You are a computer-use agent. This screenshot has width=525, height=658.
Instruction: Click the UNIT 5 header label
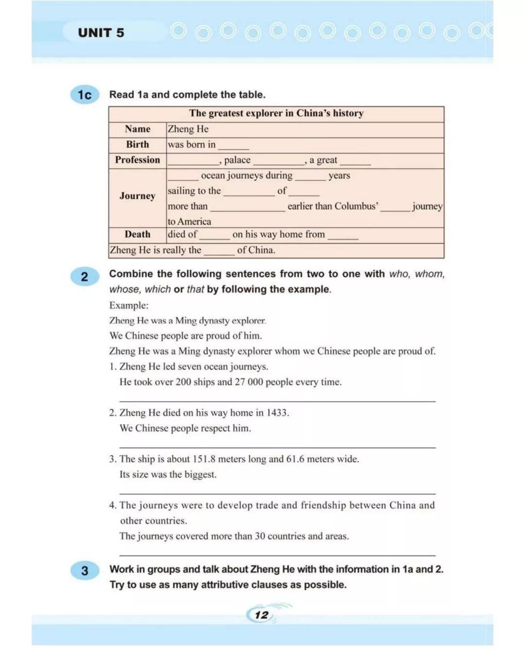(x=101, y=33)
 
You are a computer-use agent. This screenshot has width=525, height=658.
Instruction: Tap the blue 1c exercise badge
(x=85, y=95)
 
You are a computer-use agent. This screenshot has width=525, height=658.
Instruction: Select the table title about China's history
(x=276, y=113)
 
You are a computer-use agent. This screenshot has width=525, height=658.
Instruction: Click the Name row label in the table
(x=138, y=129)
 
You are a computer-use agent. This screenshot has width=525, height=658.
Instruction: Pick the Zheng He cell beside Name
(x=188, y=129)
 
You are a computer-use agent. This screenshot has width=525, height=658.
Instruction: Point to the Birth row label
(x=138, y=144)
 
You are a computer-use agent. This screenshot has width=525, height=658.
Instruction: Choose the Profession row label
(x=138, y=160)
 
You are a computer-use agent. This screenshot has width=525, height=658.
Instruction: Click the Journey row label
(x=138, y=196)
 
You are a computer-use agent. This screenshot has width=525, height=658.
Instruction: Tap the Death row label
(x=138, y=234)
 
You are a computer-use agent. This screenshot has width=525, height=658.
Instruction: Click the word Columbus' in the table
(x=356, y=206)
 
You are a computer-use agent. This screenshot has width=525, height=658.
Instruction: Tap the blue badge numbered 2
(x=85, y=277)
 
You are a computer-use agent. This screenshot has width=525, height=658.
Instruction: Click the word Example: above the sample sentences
(x=129, y=305)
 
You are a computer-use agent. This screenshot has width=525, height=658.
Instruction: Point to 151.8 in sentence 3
(x=204, y=459)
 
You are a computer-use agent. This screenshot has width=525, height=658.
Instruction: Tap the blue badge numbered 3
(x=85, y=571)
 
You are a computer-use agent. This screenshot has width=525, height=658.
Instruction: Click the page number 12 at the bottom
(x=262, y=615)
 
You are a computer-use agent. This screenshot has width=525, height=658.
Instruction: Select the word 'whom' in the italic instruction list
(x=429, y=274)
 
